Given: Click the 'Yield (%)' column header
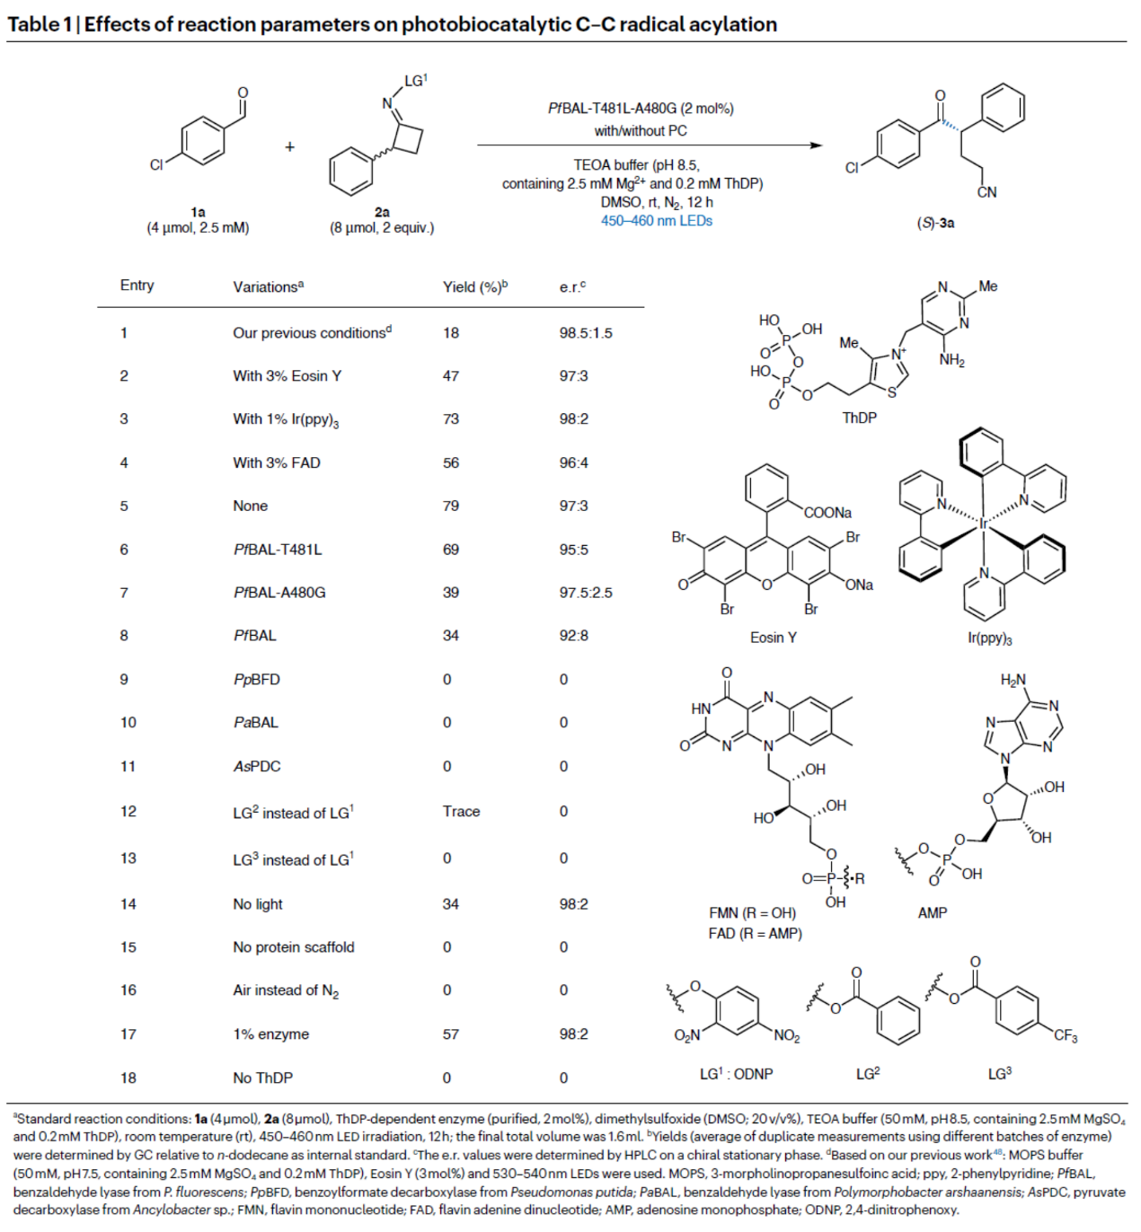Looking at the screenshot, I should pos(473,287).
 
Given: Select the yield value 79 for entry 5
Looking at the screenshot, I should pos(451,506).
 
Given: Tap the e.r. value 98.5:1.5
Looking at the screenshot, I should pos(586,333).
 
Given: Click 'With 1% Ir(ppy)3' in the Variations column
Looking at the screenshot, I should pos(286,419).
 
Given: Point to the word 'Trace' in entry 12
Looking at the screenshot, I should pos(461,812).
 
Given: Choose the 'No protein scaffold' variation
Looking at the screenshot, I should pos(294,947).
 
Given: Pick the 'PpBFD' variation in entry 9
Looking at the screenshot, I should pos(257,680).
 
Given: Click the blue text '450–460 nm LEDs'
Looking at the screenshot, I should pos(657,221).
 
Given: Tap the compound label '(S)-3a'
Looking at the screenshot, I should pos(935,223).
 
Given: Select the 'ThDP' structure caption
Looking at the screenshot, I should pos(859,418).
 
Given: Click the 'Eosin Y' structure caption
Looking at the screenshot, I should pos(774,638).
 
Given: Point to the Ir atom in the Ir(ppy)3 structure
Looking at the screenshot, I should pos(984,523).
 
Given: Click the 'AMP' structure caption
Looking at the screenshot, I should pos(933,913).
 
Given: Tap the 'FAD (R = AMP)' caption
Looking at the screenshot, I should pos(756,934).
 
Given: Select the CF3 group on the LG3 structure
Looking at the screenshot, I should pos(1066,1036).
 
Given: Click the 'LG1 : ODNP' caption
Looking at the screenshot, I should pos(736,1074).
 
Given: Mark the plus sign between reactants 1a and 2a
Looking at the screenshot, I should pos(289,146).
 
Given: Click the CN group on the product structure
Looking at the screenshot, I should pos(986,192).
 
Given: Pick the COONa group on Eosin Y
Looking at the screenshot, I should pos(827,513).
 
